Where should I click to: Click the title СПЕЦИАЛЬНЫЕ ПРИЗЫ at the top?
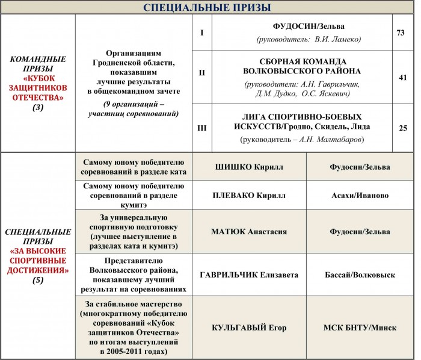click(x=207, y=7)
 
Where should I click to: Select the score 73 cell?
click(x=400, y=32)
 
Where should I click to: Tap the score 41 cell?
click(x=403, y=78)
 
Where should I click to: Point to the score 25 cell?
click(x=403, y=128)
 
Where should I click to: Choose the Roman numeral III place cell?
click(x=201, y=128)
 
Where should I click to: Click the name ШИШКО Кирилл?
click(x=249, y=167)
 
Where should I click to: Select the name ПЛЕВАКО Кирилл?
click(x=249, y=196)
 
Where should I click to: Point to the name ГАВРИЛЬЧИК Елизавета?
click(x=249, y=275)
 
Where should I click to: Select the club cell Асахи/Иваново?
click(x=360, y=196)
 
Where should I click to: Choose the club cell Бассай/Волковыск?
click(x=360, y=275)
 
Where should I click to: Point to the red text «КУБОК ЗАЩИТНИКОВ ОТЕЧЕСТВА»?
click(x=41, y=88)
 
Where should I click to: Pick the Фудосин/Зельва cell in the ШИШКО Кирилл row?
click(x=360, y=167)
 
